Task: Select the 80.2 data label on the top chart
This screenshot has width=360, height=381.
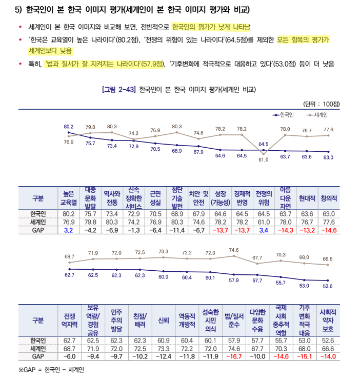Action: pos(69,126)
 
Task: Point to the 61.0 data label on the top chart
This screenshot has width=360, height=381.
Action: pos(263,160)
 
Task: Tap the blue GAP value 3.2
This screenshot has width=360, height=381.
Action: pos(69,230)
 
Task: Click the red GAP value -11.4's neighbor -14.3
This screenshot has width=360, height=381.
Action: pos(285,230)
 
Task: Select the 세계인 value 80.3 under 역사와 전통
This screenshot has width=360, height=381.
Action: pos(112,222)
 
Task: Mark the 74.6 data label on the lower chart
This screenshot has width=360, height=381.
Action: pos(234,250)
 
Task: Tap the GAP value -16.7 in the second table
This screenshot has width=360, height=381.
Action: pos(234,356)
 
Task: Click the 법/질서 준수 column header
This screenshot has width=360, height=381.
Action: pos(234,320)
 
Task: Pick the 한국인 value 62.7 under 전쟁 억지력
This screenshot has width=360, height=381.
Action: pos(69,340)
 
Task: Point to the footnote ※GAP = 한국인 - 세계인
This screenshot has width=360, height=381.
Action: pos(51,369)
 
